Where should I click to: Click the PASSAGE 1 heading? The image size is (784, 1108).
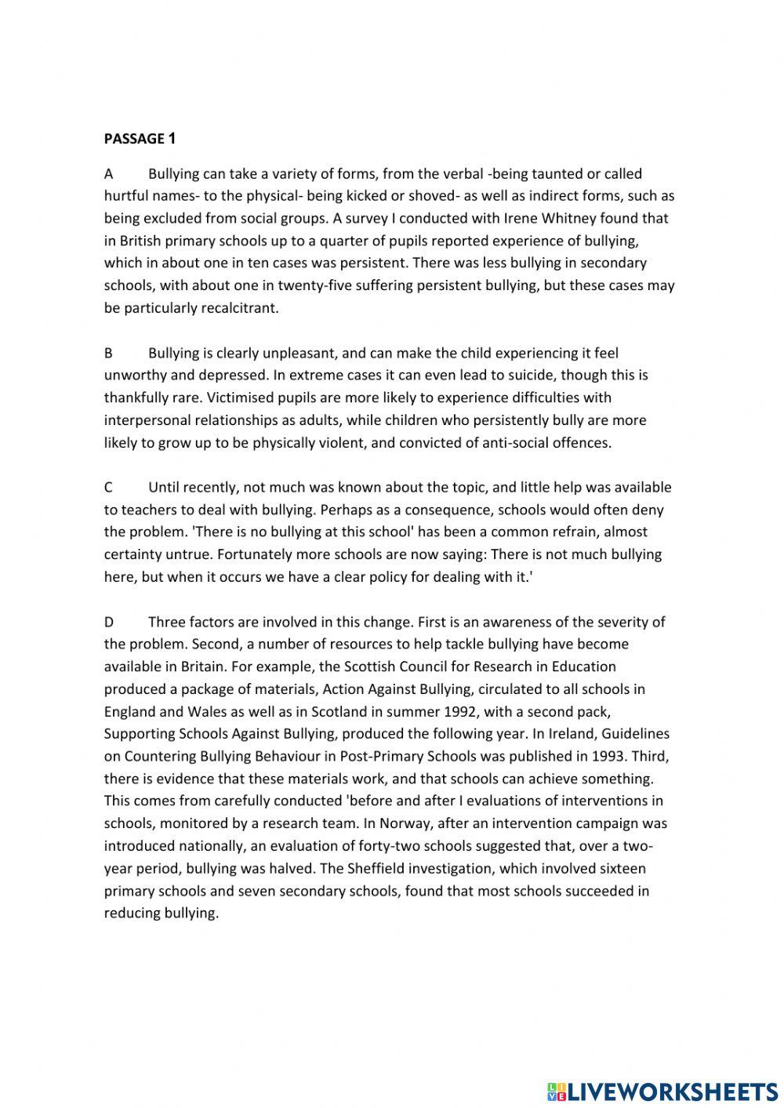coord(140,139)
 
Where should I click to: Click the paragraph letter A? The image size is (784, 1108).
coord(109,173)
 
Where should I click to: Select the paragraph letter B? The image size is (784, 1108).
coord(109,353)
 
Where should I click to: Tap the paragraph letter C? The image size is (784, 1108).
coord(109,487)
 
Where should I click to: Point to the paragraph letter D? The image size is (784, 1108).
coord(109,622)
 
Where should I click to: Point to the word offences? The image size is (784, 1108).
coord(579,442)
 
